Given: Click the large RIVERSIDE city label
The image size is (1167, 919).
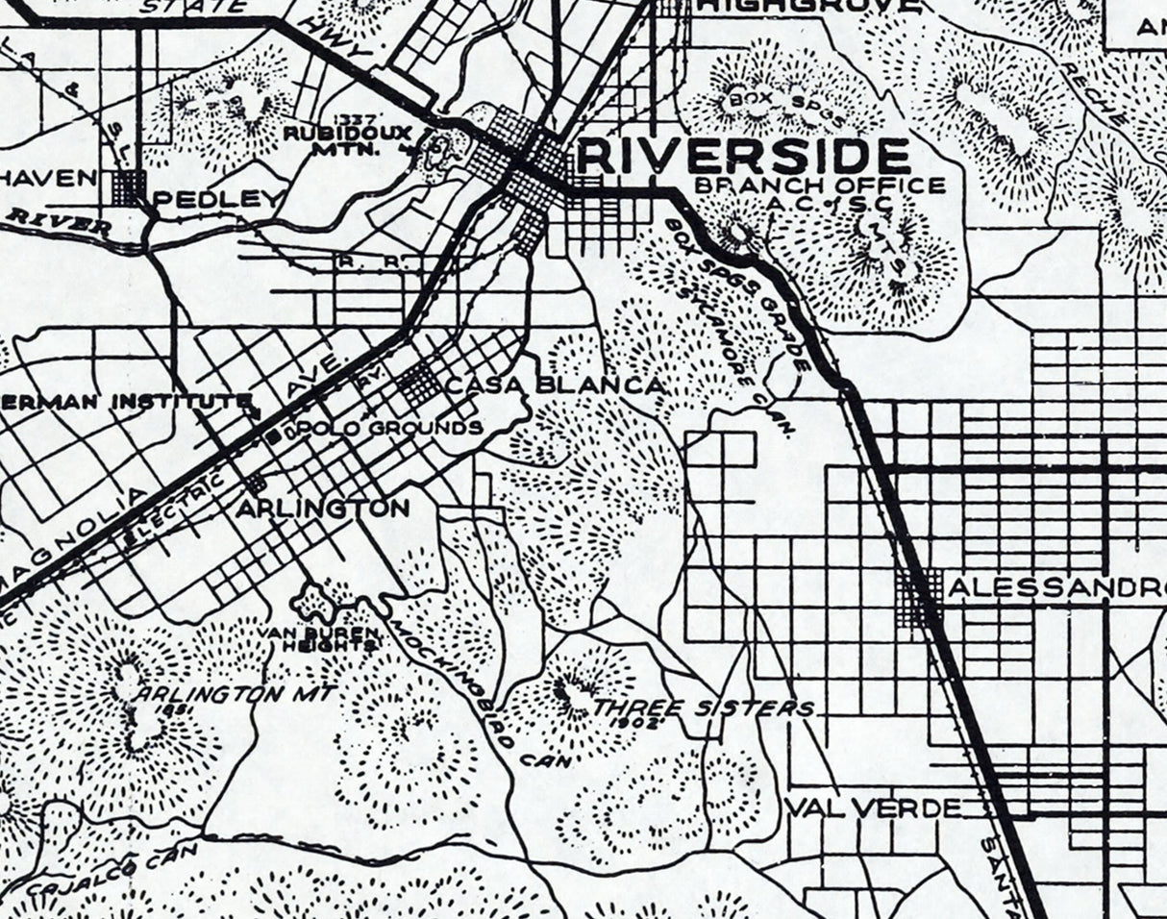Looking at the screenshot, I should pos(745,156).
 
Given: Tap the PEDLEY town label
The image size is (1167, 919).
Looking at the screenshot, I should pos(219,200).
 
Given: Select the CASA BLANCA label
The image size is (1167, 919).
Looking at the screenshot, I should pos(555,385).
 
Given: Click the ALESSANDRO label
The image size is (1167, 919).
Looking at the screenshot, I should pos(1055,588).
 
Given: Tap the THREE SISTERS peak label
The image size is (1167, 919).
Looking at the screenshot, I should pos(704,708).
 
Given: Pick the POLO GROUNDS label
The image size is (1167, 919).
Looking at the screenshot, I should pos(390,427).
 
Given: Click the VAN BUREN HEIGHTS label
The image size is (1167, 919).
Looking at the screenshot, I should pos(319,639).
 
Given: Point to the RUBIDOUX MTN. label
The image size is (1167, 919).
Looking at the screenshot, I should pos(334,140).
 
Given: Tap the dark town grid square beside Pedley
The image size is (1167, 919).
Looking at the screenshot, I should pos(128,187).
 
